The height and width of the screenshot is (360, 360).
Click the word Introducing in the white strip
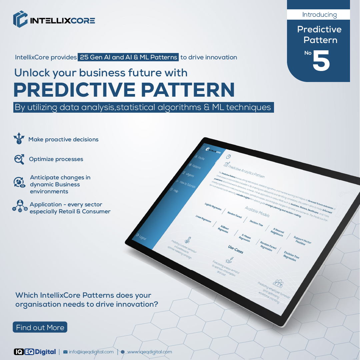click(x=319, y=15)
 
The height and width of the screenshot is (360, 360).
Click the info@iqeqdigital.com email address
click(x=91, y=352)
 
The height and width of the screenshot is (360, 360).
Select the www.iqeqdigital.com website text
click(x=149, y=352)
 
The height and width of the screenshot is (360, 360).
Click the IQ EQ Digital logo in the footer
click(x=35, y=352)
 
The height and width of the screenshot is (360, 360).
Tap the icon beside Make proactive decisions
click(x=19, y=139)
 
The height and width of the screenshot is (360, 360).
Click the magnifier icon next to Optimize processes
click(x=19, y=159)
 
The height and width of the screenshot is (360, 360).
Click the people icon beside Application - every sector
click(x=19, y=206)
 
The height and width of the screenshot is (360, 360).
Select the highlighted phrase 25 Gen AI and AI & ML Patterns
click(x=128, y=57)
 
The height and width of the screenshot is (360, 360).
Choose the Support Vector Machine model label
click(x=302, y=241)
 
